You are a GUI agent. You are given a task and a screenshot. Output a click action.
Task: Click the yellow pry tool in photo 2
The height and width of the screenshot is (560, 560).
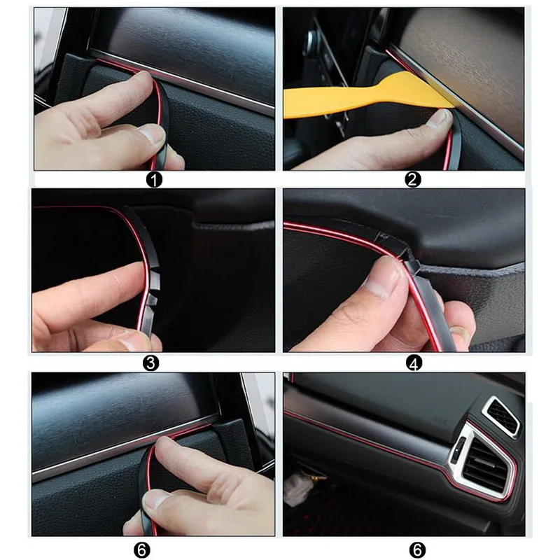[350, 99]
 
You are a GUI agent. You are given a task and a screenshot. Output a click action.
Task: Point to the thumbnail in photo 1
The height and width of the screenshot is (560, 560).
[150, 134]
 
